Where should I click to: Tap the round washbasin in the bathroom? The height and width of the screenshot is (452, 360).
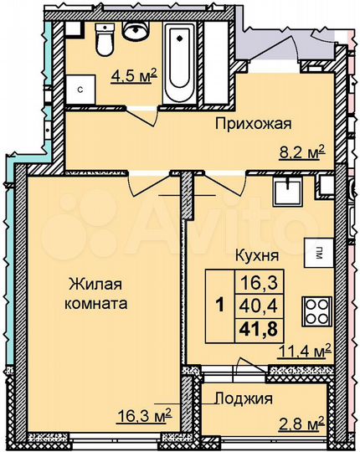coord(135,30)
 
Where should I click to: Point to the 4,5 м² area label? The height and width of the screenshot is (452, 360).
coord(133,81)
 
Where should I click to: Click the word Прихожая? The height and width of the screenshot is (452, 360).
coord(252,126)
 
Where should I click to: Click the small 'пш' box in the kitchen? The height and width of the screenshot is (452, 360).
coord(319,251)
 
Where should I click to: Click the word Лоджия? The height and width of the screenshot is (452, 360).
coord(244,399)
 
